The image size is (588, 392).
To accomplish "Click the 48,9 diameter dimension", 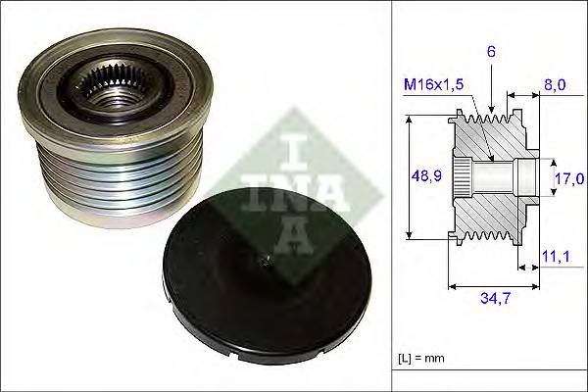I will (424, 176).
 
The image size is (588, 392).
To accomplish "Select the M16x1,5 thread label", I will (431, 84).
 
